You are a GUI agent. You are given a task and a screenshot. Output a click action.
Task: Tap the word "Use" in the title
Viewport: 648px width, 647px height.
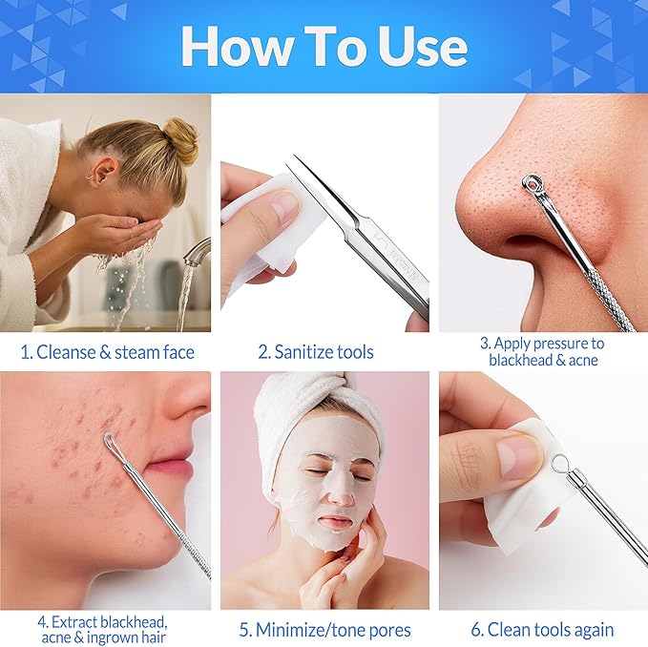[x=416, y=46]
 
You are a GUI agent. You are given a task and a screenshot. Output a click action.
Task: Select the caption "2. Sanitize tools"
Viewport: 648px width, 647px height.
[x=318, y=351]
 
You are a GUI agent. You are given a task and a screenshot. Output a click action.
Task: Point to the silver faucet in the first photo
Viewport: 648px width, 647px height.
[x=196, y=252]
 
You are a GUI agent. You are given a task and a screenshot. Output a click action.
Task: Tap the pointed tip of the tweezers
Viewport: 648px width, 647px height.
[x=299, y=162]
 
